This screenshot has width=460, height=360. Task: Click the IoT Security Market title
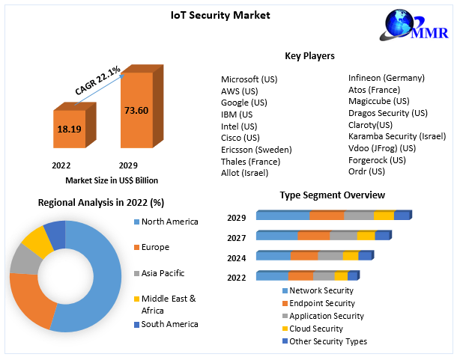click(230, 15)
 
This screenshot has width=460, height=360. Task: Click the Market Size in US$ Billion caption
click(112, 180)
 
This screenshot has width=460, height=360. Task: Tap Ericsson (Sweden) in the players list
click(256, 150)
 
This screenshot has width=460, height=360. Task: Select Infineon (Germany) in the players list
click(387, 78)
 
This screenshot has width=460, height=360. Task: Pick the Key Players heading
click(309, 56)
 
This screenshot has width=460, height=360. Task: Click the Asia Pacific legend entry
click(163, 273)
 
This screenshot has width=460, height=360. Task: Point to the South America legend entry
click(169, 324)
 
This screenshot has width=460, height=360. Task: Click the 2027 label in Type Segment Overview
click(236, 237)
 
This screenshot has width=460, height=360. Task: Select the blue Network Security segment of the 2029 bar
click(282, 216)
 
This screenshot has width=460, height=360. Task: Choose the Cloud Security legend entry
click(315, 329)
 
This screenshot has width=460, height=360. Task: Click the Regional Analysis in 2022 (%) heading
click(101, 202)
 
